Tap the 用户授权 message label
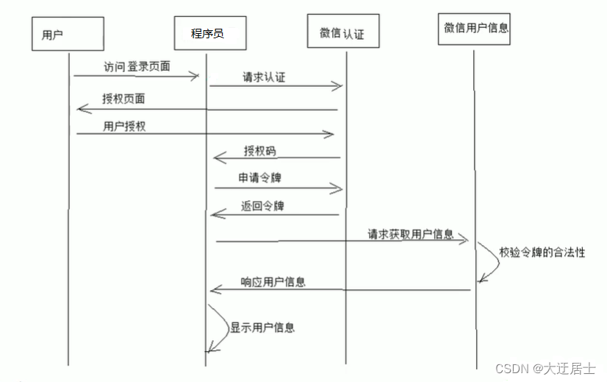(x=124, y=126)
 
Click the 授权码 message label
(x=259, y=151)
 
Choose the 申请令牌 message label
(x=261, y=178)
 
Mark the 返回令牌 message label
(x=262, y=206)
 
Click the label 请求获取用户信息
(x=411, y=233)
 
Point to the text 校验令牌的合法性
(x=542, y=251)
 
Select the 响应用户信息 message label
(x=273, y=281)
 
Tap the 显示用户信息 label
(x=262, y=328)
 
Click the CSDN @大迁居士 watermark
(x=545, y=368)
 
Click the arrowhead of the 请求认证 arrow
(x=339, y=87)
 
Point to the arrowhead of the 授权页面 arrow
(x=81, y=110)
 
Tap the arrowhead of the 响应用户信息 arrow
(x=214, y=290)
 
